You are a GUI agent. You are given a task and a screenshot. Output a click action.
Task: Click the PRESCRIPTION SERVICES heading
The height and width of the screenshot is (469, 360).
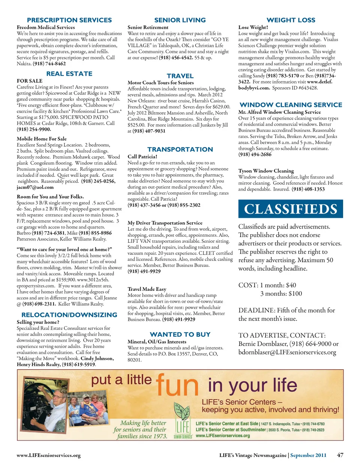tap(69, 20)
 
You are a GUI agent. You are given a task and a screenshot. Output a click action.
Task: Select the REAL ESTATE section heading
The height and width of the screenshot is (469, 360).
tap(69, 74)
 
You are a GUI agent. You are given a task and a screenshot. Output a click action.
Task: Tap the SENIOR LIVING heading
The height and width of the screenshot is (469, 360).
tap(180, 20)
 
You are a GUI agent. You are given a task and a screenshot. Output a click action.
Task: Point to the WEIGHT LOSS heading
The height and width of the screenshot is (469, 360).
tap(291, 20)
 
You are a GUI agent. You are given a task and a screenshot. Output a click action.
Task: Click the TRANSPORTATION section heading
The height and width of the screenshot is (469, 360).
tap(180, 149)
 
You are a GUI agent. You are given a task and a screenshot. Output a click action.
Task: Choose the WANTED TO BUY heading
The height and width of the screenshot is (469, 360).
tap(180, 334)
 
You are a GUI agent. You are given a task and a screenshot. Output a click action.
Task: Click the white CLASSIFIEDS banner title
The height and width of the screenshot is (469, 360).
tap(291, 209)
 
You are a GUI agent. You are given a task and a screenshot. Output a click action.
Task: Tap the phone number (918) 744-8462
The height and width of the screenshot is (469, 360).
tap(49, 64)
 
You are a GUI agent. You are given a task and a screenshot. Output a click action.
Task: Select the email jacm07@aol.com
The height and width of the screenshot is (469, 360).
tap(35, 187)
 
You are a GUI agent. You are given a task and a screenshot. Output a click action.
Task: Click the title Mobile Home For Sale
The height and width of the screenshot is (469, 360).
tap(42, 139)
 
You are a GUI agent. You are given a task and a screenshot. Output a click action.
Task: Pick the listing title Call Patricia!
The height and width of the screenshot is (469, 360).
tap(142, 157)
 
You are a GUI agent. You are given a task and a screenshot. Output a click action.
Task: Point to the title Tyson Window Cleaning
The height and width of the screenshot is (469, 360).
tap(266, 171)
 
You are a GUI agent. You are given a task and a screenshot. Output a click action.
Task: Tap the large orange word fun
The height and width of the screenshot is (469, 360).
tap(177, 385)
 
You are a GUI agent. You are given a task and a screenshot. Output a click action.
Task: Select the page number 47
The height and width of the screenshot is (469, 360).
tap(340, 455)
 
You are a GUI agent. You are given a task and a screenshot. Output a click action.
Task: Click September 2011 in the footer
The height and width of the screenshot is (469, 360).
tap(308, 455)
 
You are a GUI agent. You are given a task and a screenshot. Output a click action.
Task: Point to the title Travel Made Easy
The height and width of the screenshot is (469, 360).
tap(147, 289)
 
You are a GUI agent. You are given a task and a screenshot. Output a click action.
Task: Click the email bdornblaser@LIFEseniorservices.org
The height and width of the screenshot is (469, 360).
tap(287, 352)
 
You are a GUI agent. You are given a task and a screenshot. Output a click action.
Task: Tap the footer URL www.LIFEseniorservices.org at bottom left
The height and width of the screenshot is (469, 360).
tap(49, 455)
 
